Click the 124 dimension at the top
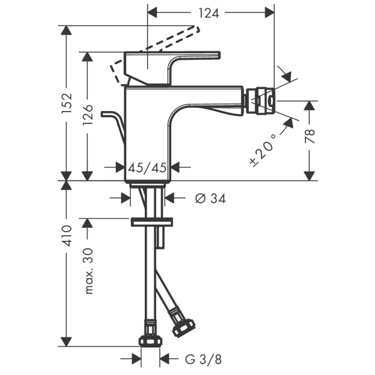click(x=209, y=13)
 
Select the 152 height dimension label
click(x=66, y=103)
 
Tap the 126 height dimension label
click(x=88, y=115)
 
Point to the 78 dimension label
click(x=310, y=136)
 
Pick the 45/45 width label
click(x=147, y=167)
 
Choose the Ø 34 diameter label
click(x=210, y=198)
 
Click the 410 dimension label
click(x=66, y=236)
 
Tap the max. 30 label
click(x=88, y=271)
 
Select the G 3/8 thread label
click(x=203, y=359)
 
